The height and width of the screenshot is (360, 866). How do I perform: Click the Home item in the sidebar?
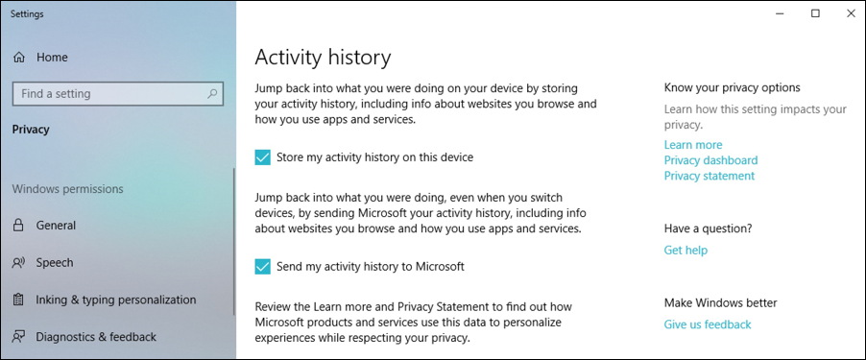tap(52, 58)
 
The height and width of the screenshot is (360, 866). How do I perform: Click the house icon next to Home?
tap(18, 58)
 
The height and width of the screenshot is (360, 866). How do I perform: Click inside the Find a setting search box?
tap(106, 94)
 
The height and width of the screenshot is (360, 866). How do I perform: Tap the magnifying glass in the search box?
tap(212, 94)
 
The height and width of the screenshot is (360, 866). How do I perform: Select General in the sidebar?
tap(56, 226)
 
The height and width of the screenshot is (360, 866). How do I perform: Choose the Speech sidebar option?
tap(54, 262)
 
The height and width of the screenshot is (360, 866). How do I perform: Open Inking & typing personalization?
tap(115, 300)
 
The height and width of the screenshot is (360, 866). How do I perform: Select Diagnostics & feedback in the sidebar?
tap(96, 337)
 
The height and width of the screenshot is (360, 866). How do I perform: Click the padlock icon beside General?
tap(18, 226)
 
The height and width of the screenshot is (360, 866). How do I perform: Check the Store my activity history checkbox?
tap(263, 157)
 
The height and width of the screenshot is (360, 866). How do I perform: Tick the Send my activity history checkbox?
tap(263, 266)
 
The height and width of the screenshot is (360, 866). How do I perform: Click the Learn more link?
tap(692, 145)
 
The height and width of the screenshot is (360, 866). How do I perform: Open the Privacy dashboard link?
tap(710, 160)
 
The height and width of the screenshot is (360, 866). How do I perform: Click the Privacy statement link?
tap(709, 176)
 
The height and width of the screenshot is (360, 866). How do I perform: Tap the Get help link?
tap(686, 250)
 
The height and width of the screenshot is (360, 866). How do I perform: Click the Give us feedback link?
tap(707, 324)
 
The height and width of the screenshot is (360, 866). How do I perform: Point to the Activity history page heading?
tap(322, 57)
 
